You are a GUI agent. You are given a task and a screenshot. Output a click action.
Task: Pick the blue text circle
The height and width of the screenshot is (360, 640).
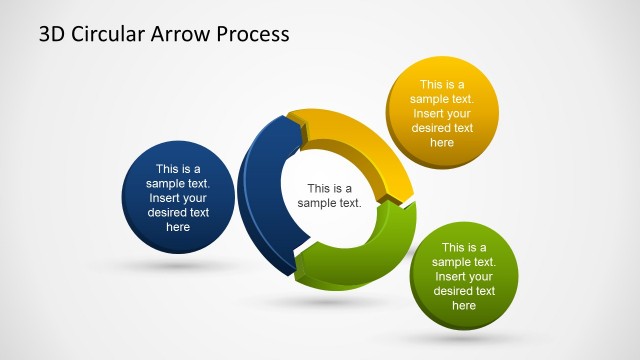(178, 198)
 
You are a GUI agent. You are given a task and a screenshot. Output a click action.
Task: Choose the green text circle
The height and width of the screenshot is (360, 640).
(464, 276)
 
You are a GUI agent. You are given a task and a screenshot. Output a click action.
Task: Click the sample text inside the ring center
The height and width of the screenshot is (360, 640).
(329, 195)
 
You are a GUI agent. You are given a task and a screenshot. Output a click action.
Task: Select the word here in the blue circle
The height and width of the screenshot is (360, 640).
(178, 227)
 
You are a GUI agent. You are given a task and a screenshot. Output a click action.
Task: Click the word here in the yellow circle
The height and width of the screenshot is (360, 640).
(441, 142)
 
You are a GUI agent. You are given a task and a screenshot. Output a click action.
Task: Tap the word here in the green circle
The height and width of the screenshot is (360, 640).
(464, 305)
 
